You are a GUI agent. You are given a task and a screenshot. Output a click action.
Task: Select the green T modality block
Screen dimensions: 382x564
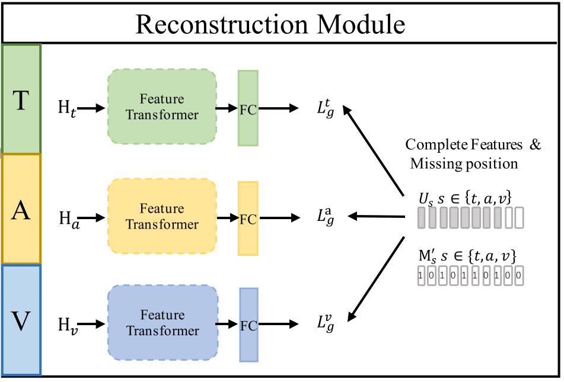[x=21, y=99]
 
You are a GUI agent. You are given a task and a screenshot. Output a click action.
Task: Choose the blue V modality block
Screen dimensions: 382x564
[x=21, y=320]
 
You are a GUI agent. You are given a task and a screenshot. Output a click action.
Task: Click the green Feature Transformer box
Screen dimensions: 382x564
[x=162, y=107]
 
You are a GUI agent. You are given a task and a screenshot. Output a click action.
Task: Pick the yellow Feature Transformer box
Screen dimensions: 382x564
[x=162, y=217]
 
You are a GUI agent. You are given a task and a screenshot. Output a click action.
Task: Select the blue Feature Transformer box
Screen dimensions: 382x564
[x=162, y=323]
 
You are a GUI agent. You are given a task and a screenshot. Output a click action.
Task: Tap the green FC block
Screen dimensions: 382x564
[x=248, y=108]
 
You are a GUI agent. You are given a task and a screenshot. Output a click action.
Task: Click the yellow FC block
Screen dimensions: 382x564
[x=248, y=218]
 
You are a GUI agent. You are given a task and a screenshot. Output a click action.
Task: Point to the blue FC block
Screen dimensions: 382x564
[x=248, y=325]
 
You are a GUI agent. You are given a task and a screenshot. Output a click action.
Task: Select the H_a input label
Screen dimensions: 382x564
[x=67, y=219]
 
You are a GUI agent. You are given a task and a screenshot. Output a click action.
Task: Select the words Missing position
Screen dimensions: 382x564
[x=464, y=163]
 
